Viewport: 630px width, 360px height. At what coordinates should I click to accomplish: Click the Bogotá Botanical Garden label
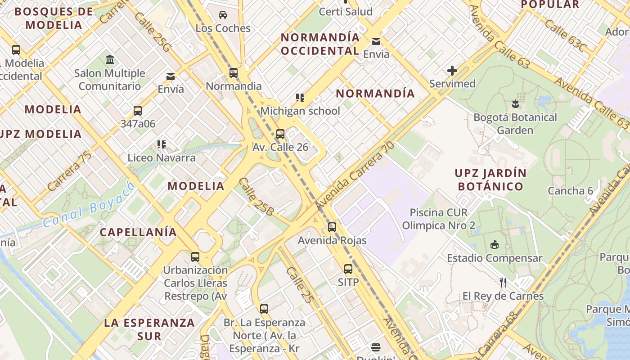click(515, 124)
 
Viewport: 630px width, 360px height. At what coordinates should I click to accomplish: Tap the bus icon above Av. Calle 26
click(280, 134)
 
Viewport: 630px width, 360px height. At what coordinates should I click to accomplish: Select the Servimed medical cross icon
click(452, 71)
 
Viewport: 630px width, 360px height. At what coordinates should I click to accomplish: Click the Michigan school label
click(300, 111)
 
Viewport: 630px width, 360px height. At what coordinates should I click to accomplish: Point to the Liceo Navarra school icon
click(162, 144)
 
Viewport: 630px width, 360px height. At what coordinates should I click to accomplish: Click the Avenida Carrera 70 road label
click(355, 176)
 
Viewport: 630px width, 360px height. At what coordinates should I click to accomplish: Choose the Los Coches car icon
click(223, 15)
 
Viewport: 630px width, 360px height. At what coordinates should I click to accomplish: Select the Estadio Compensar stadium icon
click(495, 244)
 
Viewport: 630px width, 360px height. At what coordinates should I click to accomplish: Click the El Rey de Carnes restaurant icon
click(503, 283)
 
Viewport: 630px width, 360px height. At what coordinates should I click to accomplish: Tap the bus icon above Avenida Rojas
click(332, 227)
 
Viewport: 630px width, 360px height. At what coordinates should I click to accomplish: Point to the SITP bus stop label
click(348, 282)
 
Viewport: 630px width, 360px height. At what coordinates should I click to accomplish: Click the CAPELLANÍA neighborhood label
click(138, 232)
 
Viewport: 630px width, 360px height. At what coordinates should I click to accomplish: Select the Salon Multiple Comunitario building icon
click(110, 59)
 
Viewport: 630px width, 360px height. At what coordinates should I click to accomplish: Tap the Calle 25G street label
click(153, 31)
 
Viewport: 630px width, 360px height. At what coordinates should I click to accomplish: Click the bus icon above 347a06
click(138, 111)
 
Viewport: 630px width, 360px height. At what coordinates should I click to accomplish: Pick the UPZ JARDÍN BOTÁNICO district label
click(490, 180)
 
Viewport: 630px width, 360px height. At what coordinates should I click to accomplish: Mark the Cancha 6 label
click(570, 190)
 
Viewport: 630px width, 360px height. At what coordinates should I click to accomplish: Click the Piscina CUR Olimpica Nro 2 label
click(438, 219)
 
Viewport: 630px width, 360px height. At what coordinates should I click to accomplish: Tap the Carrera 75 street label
click(69, 171)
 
